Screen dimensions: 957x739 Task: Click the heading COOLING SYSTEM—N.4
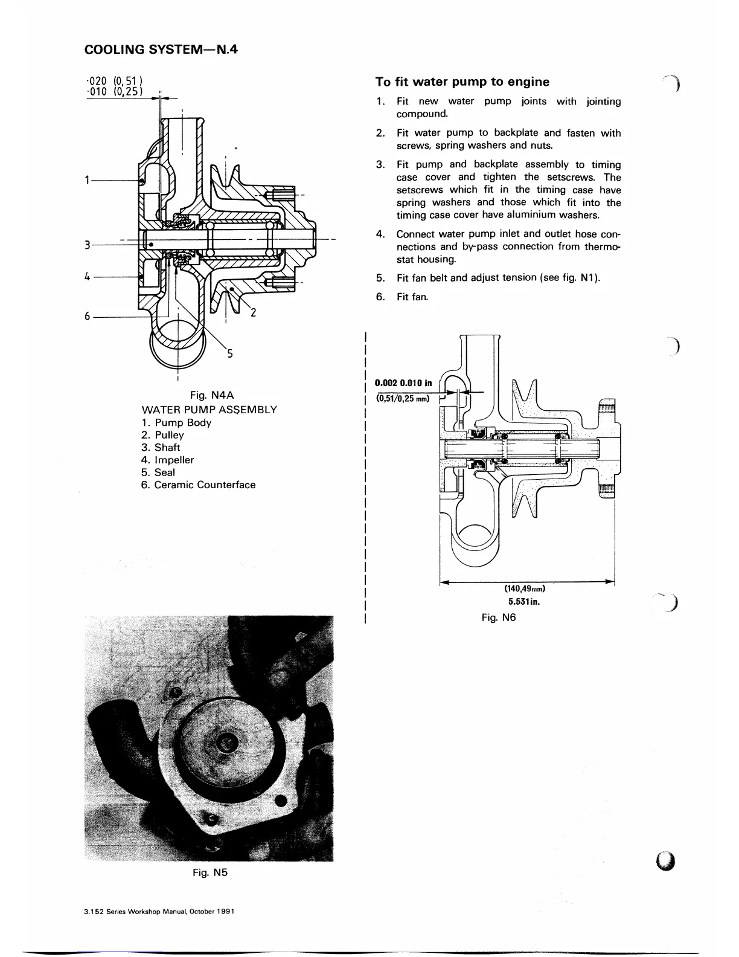(x=161, y=50)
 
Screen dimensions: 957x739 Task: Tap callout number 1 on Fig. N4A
(x=88, y=180)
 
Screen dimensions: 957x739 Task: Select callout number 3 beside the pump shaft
(x=88, y=245)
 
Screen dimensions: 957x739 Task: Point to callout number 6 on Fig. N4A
(x=88, y=316)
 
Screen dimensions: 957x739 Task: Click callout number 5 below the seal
(x=229, y=354)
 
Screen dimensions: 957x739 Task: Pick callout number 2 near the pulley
(x=254, y=312)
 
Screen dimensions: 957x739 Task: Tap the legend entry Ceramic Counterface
(x=205, y=485)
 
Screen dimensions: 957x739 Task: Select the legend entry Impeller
(x=174, y=460)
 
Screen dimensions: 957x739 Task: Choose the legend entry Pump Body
(x=182, y=422)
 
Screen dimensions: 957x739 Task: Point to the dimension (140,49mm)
(x=525, y=588)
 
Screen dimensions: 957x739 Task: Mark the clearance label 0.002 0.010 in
(x=403, y=382)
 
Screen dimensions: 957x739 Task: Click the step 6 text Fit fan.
(x=412, y=297)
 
